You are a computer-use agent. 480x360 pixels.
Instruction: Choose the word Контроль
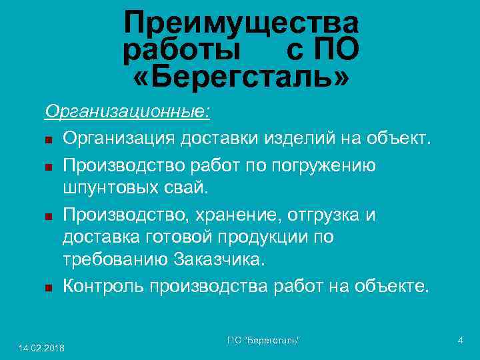(104, 287)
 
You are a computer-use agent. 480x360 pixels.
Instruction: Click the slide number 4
(460, 341)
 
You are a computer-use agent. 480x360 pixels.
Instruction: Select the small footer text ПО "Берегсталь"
(263, 341)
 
